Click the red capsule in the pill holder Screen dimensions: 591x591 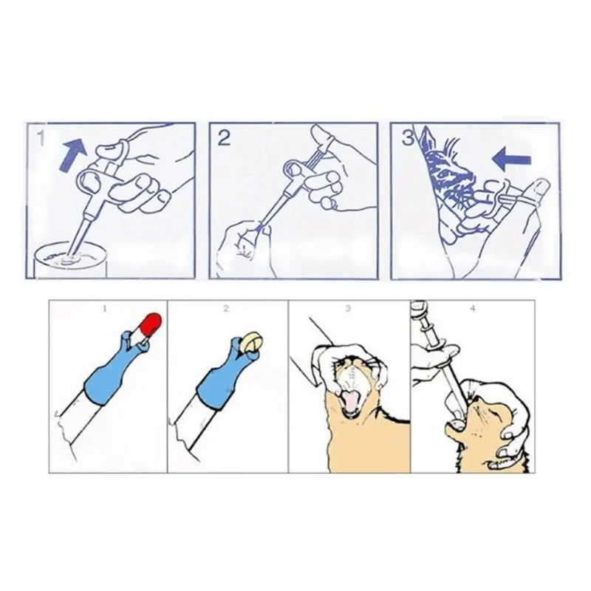pyautogui.click(x=151, y=324)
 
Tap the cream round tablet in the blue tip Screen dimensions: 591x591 pyautogui.click(x=252, y=342)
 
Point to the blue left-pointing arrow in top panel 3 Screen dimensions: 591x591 pyautogui.click(x=512, y=159)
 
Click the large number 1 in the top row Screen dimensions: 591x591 pyautogui.click(x=41, y=138)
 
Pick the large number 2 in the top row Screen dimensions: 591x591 pyautogui.click(x=224, y=138)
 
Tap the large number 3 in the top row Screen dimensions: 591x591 pyautogui.click(x=408, y=137)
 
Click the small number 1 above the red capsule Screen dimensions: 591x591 pyautogui.click(x=105, y=309)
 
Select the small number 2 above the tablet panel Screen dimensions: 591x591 pyautogui.click(x=226, y=308)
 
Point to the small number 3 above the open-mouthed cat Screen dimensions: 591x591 pyautogui.click(x=348, y=308)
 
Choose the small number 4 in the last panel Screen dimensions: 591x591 pyautogui.click(x=473, y=308)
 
